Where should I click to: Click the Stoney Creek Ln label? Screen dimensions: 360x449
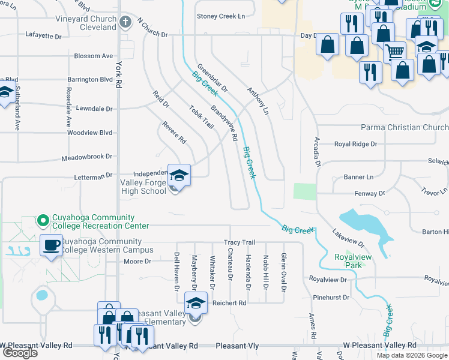coord(221,16)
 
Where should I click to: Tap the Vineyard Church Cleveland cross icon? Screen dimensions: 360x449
coord(125,23)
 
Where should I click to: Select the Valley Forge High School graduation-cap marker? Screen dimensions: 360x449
coord(179,175)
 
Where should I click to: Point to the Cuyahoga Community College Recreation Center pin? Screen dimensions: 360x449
coord(43,221)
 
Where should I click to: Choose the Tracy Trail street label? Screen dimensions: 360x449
coord(240,242)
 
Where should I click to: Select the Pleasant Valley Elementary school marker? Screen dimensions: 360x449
coord(196,303)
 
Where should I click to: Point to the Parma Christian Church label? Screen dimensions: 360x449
coord(404,127)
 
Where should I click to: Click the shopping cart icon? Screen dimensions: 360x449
coord(394,52)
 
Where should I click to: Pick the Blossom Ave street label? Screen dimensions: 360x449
coord(93,56)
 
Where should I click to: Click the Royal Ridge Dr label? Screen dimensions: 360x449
coord(355,144)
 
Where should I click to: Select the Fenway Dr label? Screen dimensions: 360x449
coord(372,194)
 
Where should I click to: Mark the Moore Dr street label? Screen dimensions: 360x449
coord(137,262)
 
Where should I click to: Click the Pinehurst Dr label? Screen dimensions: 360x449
coord(331,297)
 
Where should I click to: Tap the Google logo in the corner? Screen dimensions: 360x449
coord(20,353)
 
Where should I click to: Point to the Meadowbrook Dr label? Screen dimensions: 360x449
coord(87,157)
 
